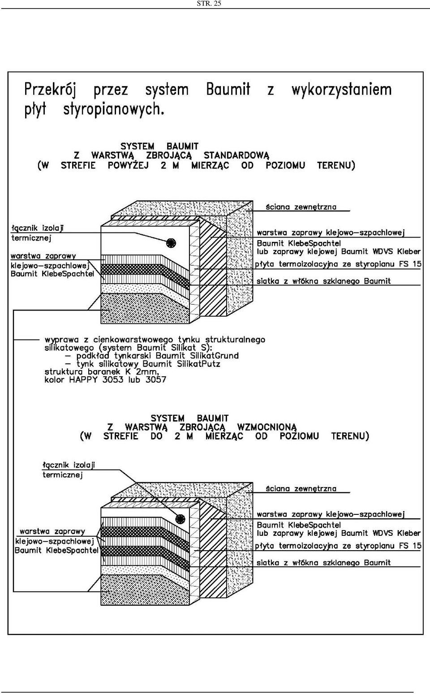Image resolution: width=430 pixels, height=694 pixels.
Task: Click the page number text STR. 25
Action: point(209,4)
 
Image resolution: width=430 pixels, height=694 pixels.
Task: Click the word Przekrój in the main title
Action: point(50,90)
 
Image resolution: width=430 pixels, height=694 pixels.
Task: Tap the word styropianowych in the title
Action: point(113,109)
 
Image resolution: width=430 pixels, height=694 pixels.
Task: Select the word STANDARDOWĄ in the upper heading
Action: point(236,155)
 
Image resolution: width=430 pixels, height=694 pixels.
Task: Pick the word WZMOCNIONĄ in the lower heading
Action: point(267,427)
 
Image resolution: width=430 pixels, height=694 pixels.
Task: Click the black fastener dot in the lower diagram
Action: point(180,518)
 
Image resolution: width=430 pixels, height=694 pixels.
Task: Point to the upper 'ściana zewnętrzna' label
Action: point(301,207)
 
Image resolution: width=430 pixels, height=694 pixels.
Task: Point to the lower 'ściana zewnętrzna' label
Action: point(301,489)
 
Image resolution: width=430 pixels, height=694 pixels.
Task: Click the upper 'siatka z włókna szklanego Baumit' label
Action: point(323,281)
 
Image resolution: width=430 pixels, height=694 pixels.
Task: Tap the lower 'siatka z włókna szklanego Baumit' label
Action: point(323,563)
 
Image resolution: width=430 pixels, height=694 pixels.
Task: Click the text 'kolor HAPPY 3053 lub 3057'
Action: point(105,379)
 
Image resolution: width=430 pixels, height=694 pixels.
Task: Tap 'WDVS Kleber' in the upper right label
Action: point(396,252)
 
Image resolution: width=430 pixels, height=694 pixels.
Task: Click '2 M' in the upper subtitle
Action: point(170,165)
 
